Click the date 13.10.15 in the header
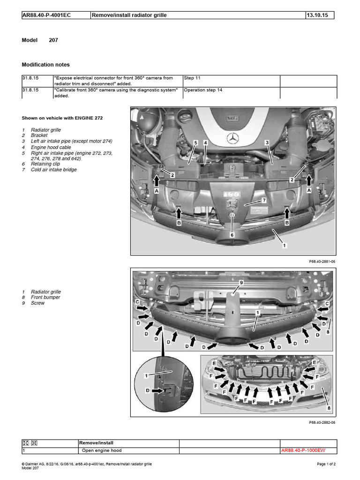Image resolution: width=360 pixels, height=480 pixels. coord(317,15)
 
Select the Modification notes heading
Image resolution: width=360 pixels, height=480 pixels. coord(46,65)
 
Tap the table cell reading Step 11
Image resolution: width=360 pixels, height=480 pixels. coord(193,78)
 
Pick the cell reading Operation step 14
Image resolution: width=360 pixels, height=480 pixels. coord(203,90)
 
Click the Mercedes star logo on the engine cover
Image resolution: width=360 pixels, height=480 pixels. coord(233,138)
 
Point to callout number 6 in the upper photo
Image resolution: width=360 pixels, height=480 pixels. coord(232,234)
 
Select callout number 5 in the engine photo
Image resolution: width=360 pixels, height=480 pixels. coord(195,142)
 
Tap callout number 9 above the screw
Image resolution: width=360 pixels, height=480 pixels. coord(241,283)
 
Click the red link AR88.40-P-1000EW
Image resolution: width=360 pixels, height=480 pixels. coord(303,450)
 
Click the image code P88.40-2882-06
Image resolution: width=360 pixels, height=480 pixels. coord(322,422)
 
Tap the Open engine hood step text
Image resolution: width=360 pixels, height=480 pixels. coord(102,450)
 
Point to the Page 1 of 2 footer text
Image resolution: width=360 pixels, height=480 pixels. coord(323,464)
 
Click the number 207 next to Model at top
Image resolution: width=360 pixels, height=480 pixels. coord(53,40)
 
